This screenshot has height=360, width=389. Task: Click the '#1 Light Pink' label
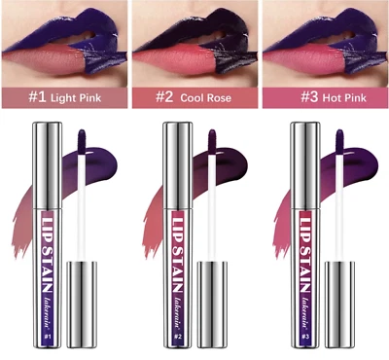64,99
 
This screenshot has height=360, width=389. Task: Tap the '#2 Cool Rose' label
194,99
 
